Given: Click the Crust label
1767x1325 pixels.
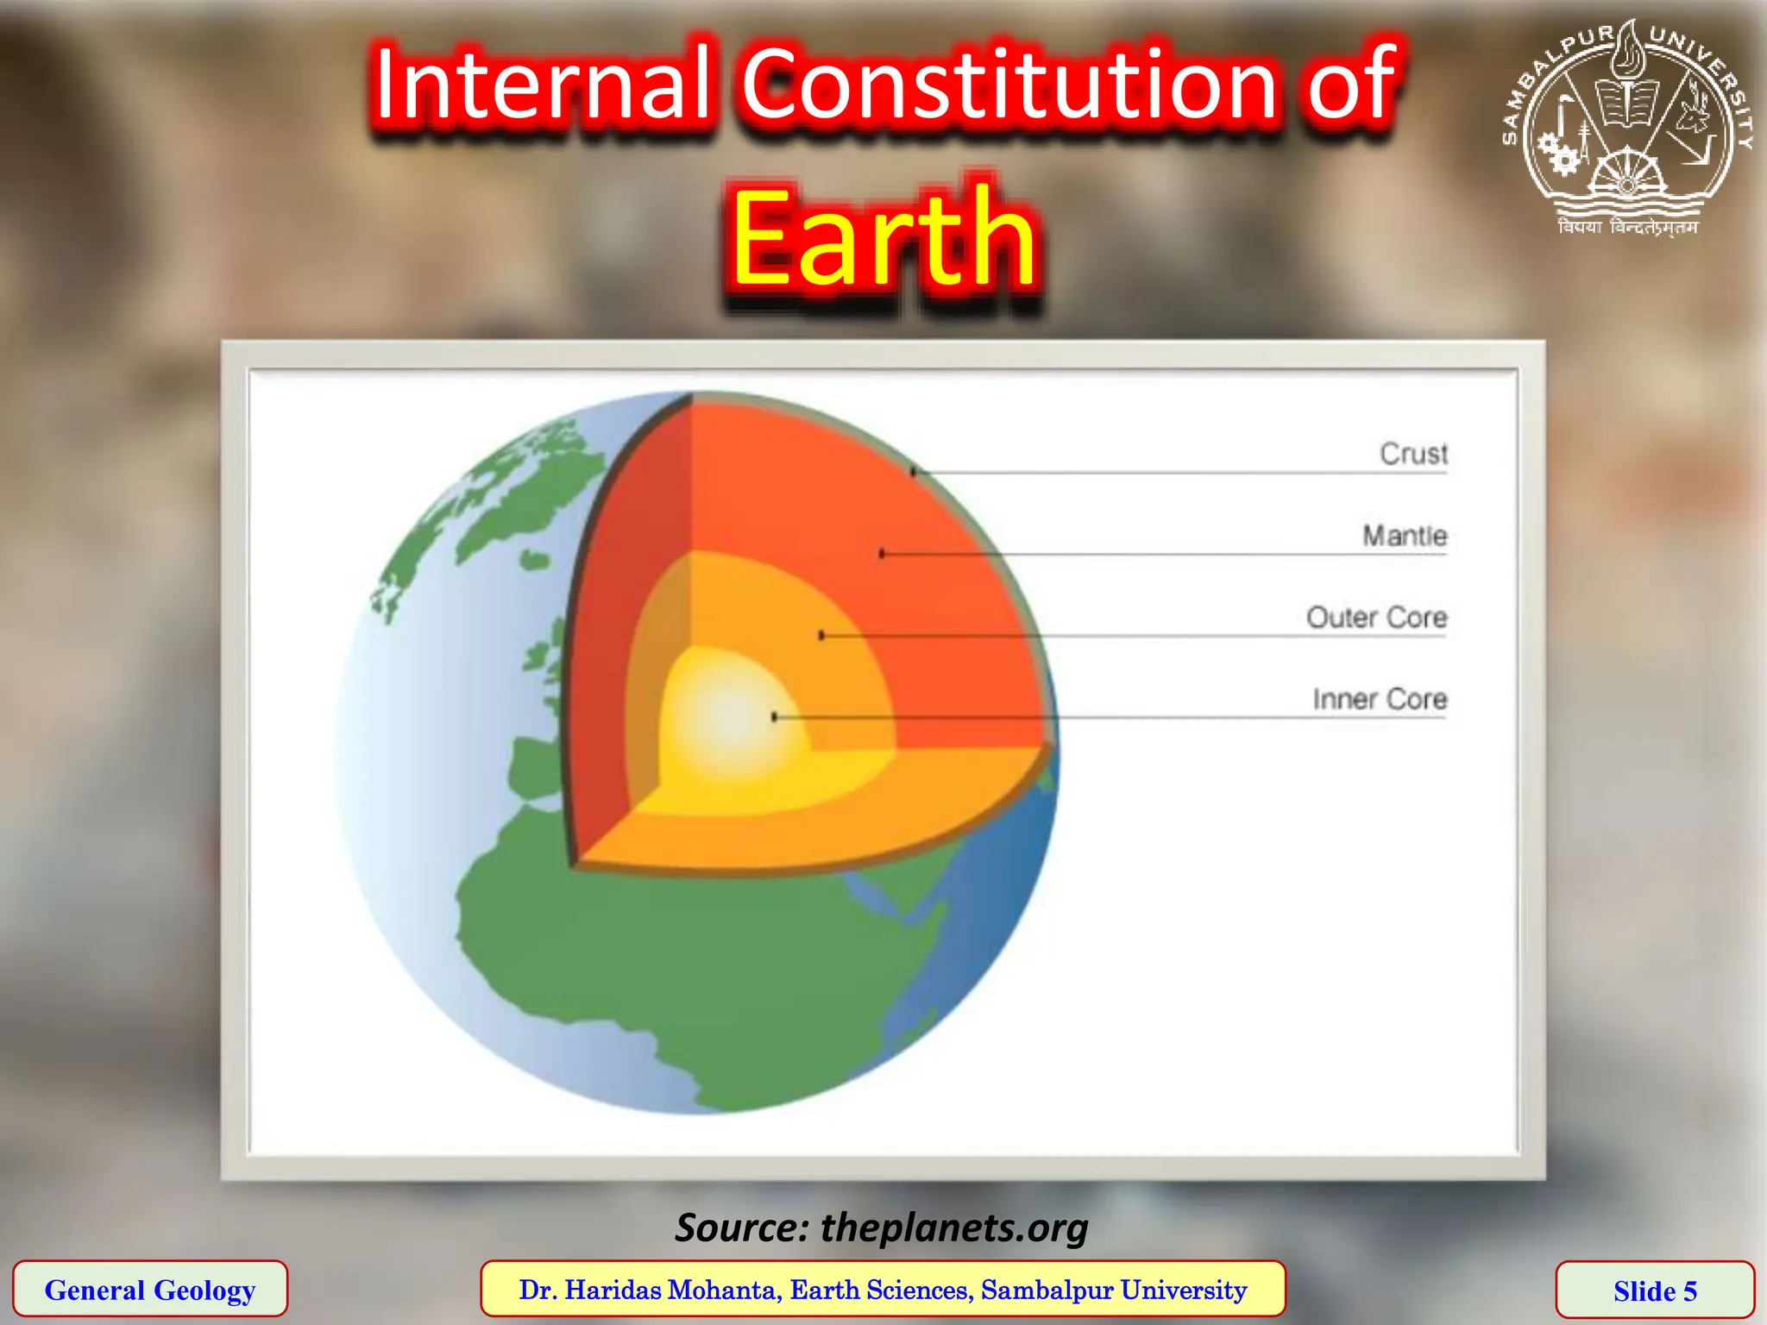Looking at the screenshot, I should coord(1412,454).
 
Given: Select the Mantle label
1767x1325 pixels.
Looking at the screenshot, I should coord(1404,536).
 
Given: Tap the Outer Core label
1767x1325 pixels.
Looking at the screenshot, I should coord(1376,618).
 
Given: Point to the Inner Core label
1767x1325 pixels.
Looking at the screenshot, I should coord(1379,699).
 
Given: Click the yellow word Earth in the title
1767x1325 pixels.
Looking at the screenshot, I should coord(883,238).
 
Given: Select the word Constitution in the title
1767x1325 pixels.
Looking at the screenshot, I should coord(1008,85).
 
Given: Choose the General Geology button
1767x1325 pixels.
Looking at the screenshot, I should coord(150,1290).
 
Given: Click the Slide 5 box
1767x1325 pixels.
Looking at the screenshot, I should coord(1655,1290).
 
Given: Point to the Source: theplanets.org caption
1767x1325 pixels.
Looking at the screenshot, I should coord(882,1227).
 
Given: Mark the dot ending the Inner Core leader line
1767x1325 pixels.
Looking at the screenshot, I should coord(775,717).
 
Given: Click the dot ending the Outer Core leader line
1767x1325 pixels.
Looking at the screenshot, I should coord(821,636).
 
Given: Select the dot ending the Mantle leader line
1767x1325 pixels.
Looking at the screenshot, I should coord(881,554).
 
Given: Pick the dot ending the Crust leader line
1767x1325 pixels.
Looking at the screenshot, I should coord(914,472).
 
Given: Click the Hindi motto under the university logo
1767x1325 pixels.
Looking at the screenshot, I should coord(1627,228).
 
